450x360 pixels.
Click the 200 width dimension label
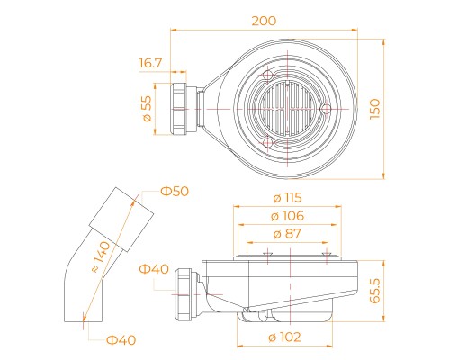tap(264, 21)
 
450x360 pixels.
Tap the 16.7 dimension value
tap(150, 63)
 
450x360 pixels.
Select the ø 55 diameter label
tap(148, 109)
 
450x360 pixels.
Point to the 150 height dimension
tap(374, 109)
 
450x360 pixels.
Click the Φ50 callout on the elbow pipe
tap(175, 192)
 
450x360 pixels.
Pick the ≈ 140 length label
tap(101, 257)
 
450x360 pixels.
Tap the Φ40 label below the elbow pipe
tap(121, 340)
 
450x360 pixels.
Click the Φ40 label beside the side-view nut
tap(154, 269)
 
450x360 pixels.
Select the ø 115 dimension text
tap(287, 198)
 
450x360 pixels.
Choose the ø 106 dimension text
tap(287, 216)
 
